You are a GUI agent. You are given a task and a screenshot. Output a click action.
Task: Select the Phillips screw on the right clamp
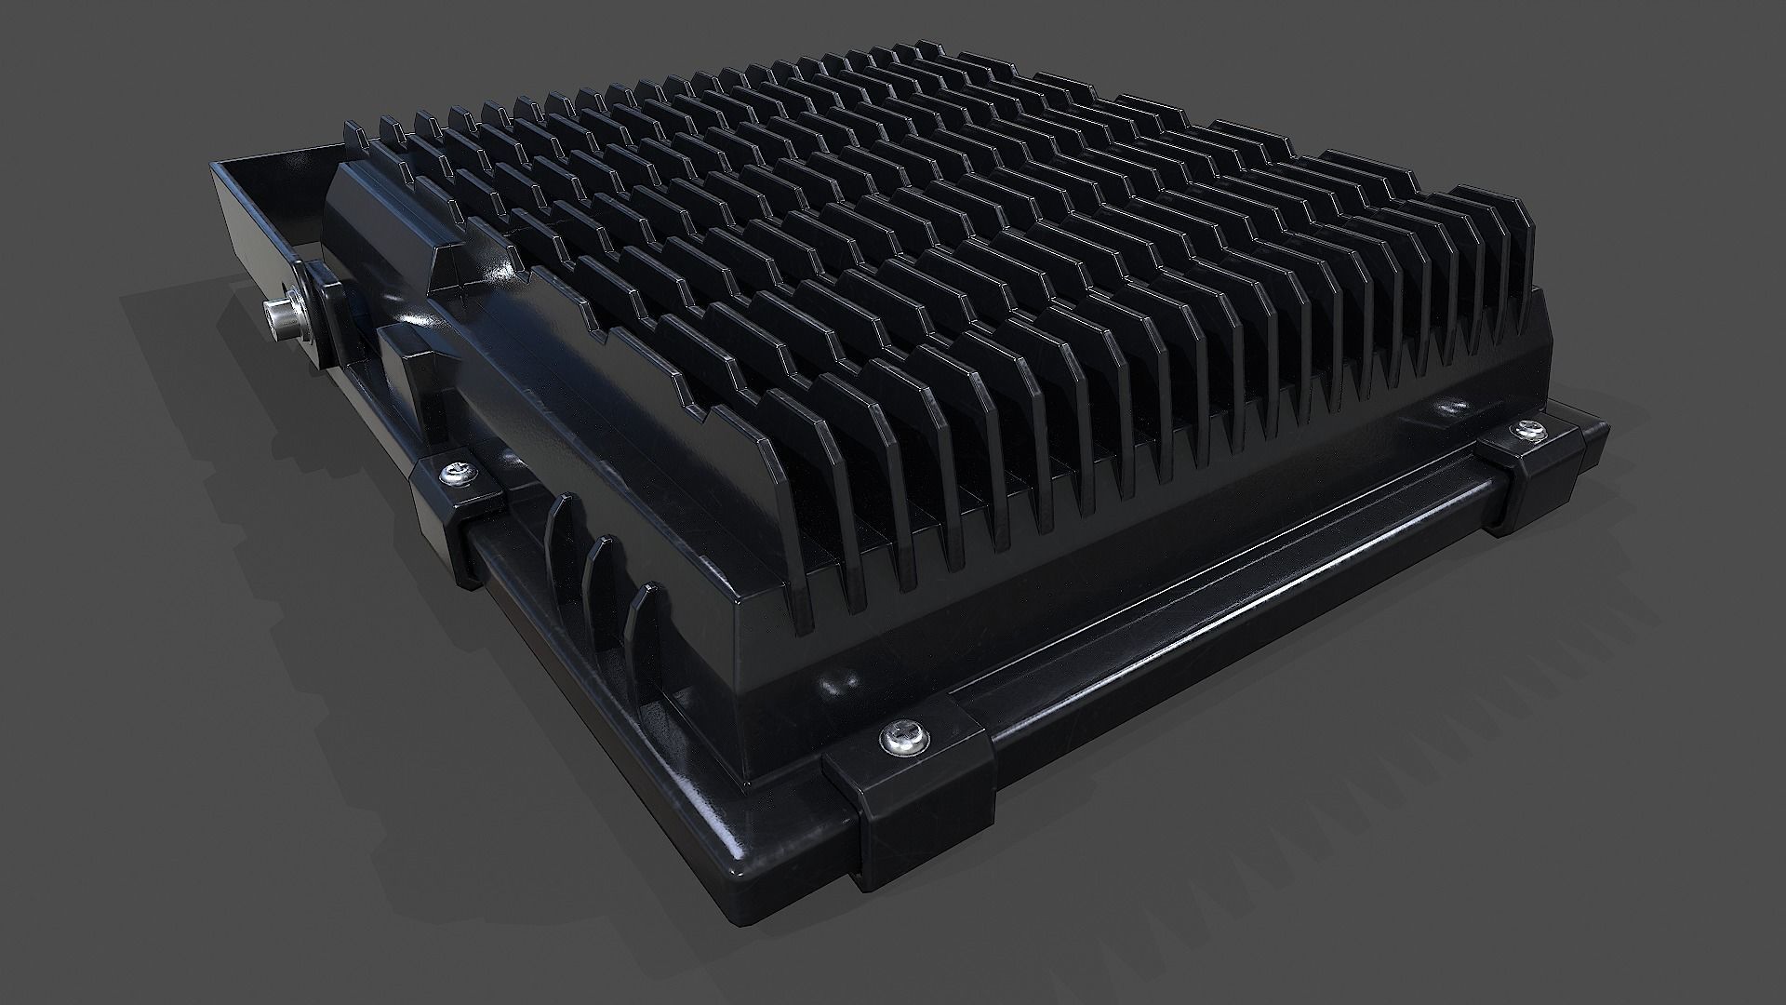(x=1526, y=431)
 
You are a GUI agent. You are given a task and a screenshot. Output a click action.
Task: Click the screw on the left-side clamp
(x=457, y=475)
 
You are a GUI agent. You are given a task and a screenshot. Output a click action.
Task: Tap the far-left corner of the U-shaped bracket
(x=219, y=172)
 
